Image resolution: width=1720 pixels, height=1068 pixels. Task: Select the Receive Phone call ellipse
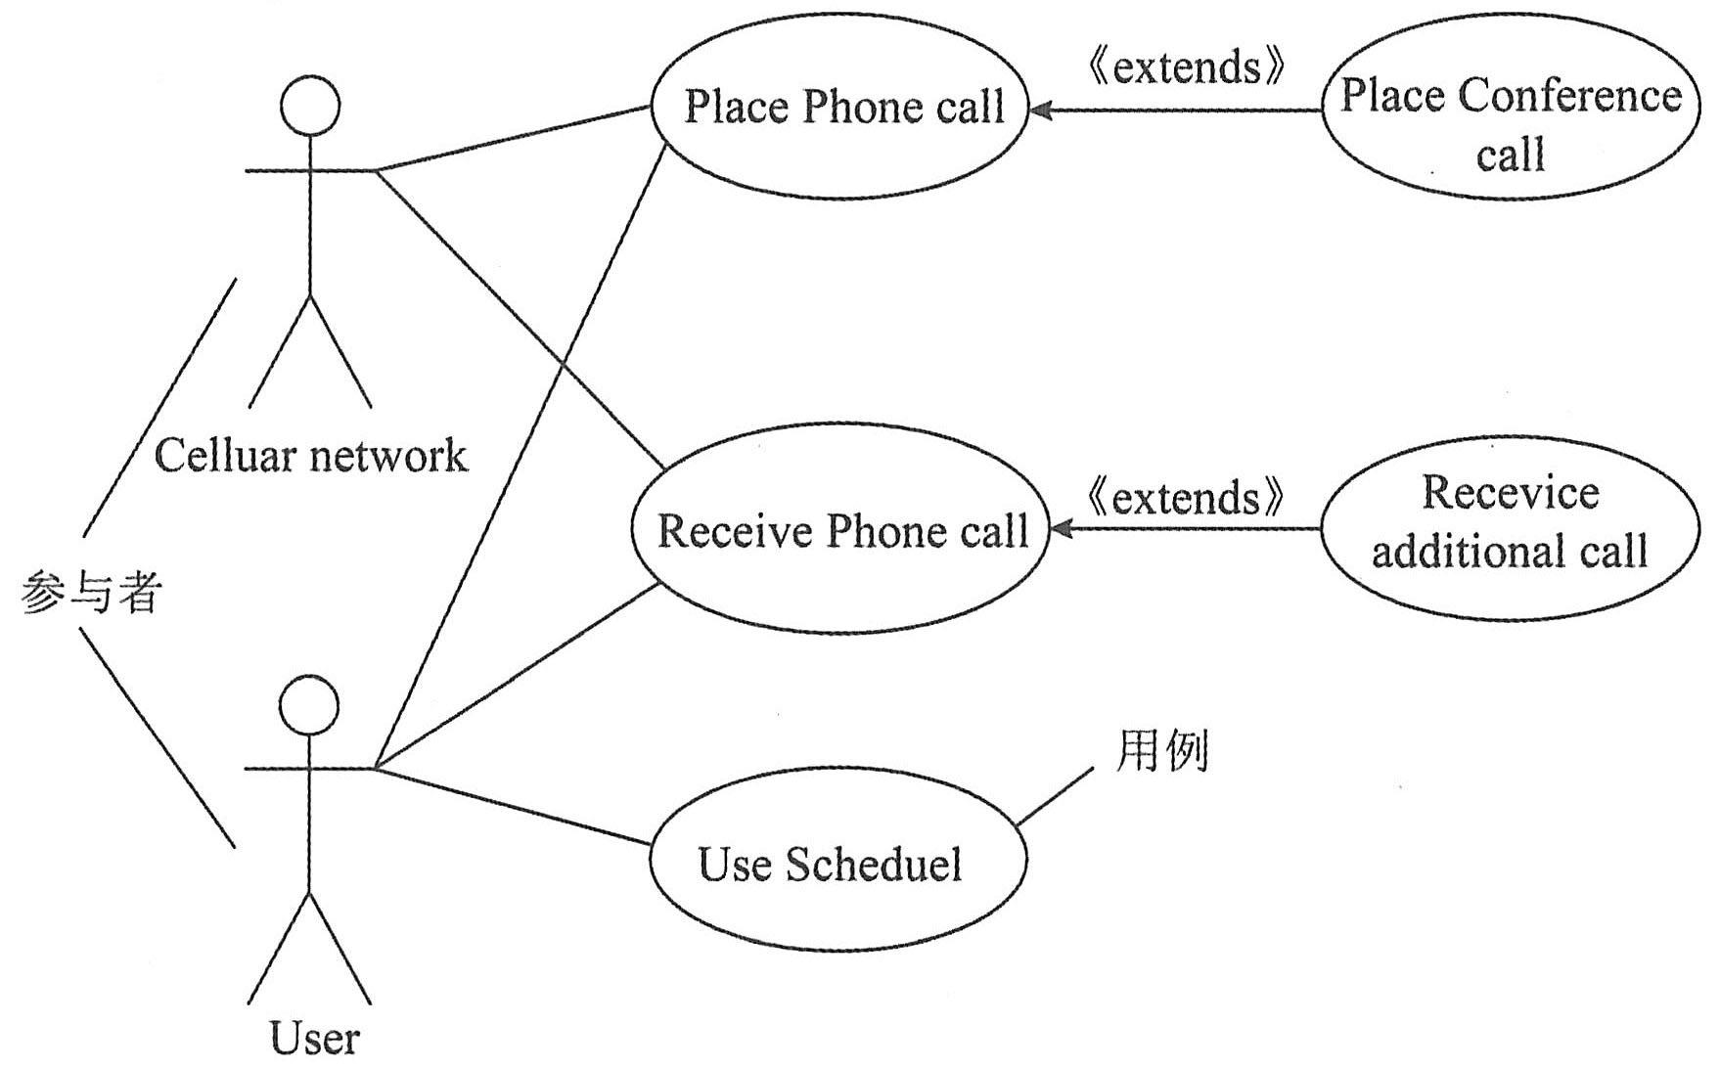point(839,530)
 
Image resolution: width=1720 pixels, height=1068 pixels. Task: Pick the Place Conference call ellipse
point(1511,108)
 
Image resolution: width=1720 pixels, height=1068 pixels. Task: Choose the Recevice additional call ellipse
point(1509,528)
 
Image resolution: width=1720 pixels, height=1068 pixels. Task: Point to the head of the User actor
point(309,704)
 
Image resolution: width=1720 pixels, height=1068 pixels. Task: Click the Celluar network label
point(311,456)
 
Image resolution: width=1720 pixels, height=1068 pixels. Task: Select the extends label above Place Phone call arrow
point(1186,67)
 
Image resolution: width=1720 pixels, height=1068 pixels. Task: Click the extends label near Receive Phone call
point(1186,497)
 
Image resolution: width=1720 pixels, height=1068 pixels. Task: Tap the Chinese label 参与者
point(90,593)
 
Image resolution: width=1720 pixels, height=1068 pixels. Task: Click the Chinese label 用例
point(1162,752)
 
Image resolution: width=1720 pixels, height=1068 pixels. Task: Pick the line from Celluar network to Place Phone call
point(514,138)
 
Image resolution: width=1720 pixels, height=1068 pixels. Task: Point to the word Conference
point(1569,96)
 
